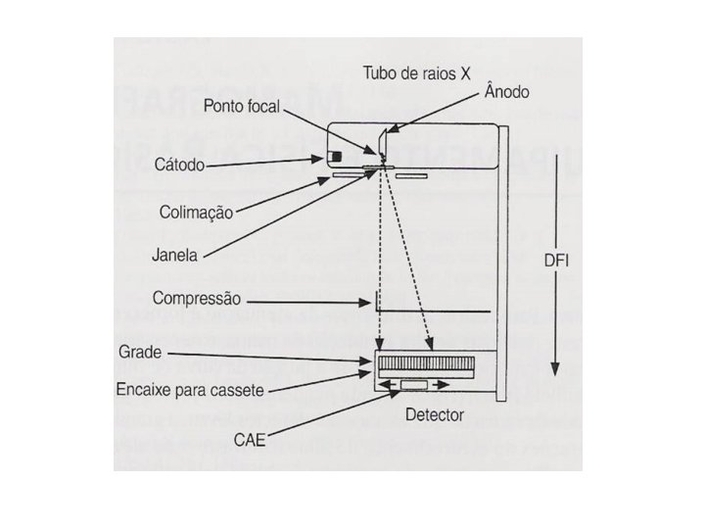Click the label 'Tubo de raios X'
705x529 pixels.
(x=417, y=73)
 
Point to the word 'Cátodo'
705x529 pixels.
(x=180, y=165)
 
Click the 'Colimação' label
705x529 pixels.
(x=196, y=212)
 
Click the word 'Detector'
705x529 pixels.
(x=435, y=414)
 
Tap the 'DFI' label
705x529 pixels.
(x=559, y=262)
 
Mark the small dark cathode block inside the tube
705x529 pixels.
(x=334, y=157)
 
